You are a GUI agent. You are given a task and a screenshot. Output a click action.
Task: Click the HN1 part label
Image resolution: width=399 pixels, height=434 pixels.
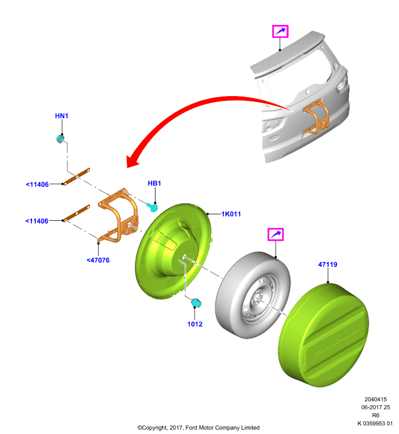[x=61, y=116]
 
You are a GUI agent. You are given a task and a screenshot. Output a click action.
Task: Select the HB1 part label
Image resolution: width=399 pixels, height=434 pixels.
[x=154, y=183]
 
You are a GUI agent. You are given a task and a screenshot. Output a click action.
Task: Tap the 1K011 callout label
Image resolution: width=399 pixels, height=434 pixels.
[x=231, y=214]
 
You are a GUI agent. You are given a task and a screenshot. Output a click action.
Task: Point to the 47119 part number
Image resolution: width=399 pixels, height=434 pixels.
[x=328, y=264]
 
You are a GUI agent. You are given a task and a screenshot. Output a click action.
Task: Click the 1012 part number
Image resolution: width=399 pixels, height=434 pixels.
[x=195, y=324]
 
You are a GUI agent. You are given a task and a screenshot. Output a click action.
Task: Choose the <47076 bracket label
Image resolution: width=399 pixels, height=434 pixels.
[x=98, y=260]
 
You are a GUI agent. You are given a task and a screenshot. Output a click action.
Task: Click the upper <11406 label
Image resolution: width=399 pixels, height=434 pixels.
[x=37, y=184]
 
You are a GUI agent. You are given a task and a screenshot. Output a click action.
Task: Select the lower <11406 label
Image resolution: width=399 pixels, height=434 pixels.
[x=37, y=221]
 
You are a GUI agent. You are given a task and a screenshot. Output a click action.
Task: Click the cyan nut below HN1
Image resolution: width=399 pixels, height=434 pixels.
[x=60, y=139]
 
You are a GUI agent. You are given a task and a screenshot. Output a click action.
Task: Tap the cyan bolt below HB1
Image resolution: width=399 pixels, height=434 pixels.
[x=152, y=207]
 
